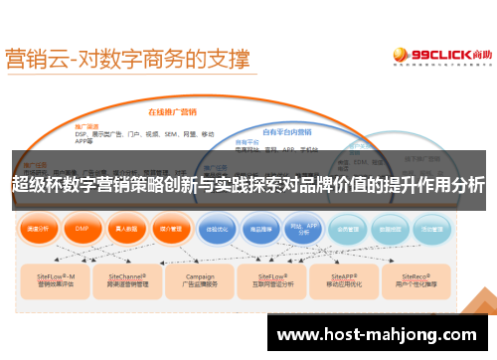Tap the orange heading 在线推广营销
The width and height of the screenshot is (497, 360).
173,113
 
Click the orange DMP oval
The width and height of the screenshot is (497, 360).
83,228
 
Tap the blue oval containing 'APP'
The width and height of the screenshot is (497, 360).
305,228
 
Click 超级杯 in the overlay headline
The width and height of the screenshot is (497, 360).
40,184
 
